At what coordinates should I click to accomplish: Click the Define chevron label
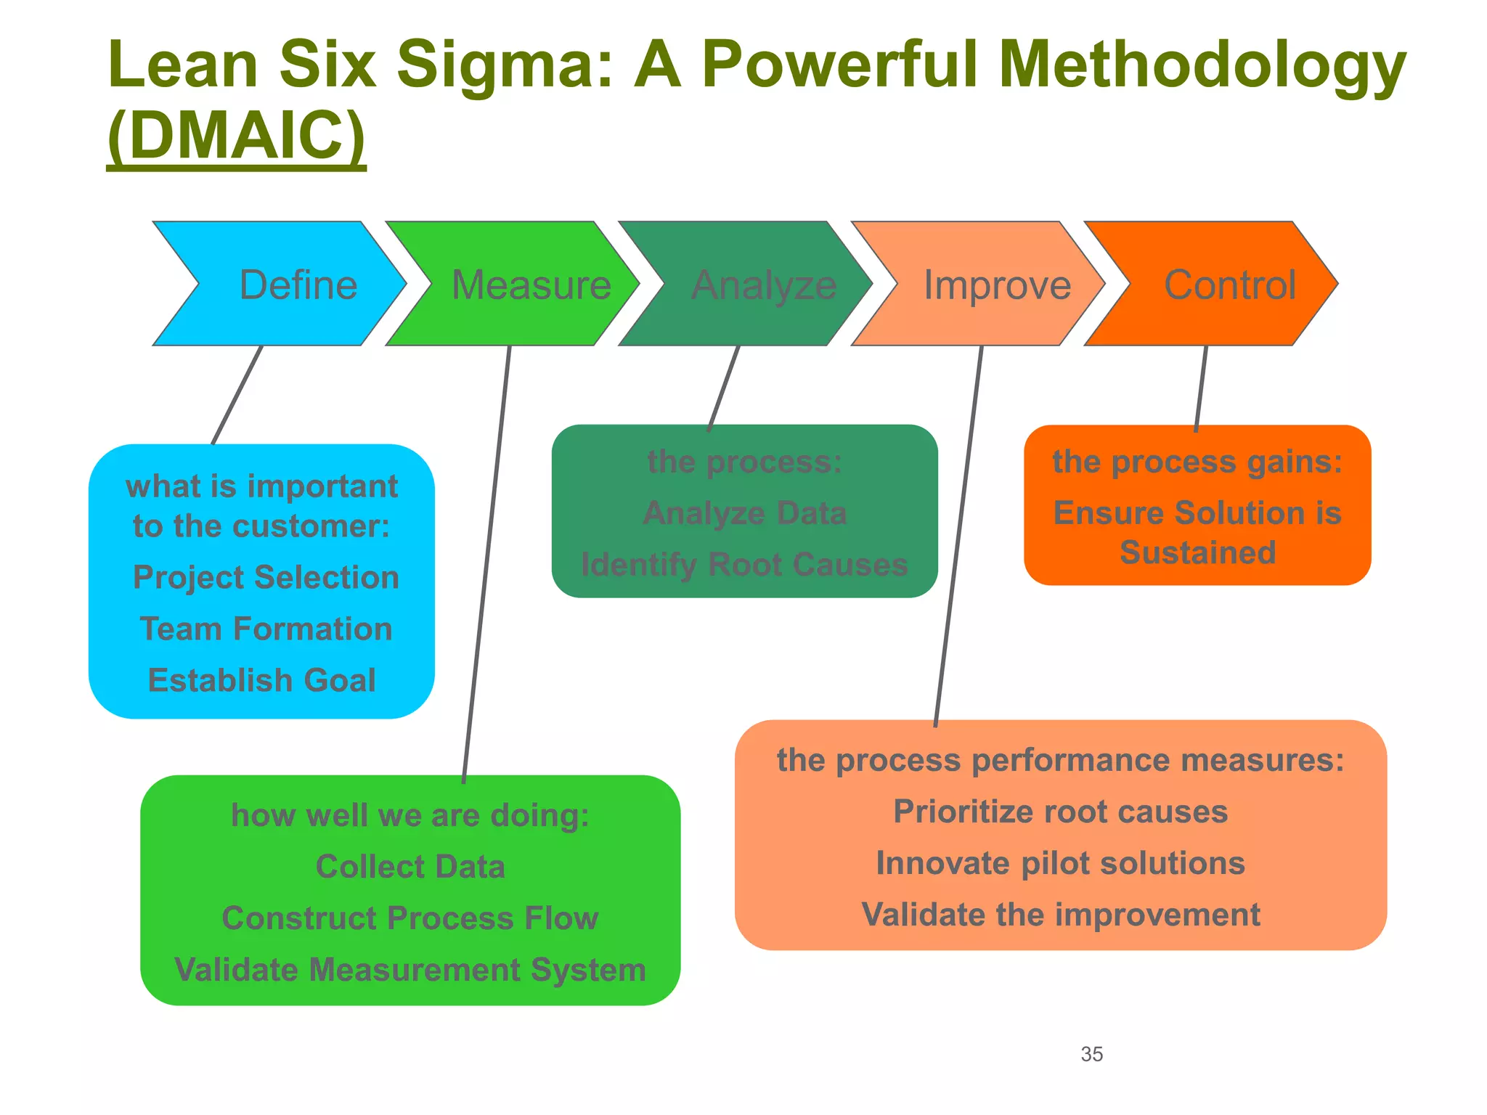tap(298, 285)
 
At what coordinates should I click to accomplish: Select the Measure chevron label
tap(531, 285)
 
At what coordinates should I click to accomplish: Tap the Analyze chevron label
tap(764, 285)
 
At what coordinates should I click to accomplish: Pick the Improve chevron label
tap(997, 285)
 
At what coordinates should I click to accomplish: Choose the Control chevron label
tap(1230, 285)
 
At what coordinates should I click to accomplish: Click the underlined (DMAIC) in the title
tap(237, 136)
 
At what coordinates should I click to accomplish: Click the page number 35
tap(1091, 1054)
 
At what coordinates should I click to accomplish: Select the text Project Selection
tap(266, 578)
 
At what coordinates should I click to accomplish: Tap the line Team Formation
tap(266, 629)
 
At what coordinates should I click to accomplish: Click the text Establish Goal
tap(262, 680)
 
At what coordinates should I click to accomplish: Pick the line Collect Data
tap(410, 867)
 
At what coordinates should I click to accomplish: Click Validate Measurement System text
tap(410, 970)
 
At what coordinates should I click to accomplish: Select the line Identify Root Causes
tap(744, 565)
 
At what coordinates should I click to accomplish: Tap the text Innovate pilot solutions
tap(1060, 864)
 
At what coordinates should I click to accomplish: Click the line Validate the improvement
tap(1061, 915)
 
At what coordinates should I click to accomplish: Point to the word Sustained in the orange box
tap(1197, 552)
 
